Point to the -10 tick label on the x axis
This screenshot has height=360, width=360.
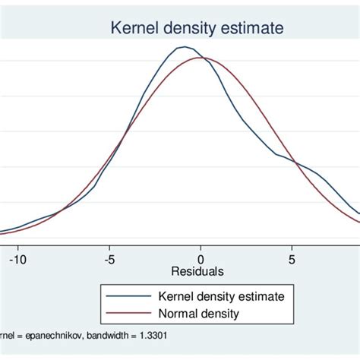click(17, 259)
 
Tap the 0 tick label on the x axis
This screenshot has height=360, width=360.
click(201, 259)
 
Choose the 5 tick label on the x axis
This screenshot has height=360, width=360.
click(292, 259)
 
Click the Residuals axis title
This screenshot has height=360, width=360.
click(198, 271)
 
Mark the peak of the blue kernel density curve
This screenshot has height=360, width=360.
click(183, 47)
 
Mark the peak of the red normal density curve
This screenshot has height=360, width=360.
click(201, 58)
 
